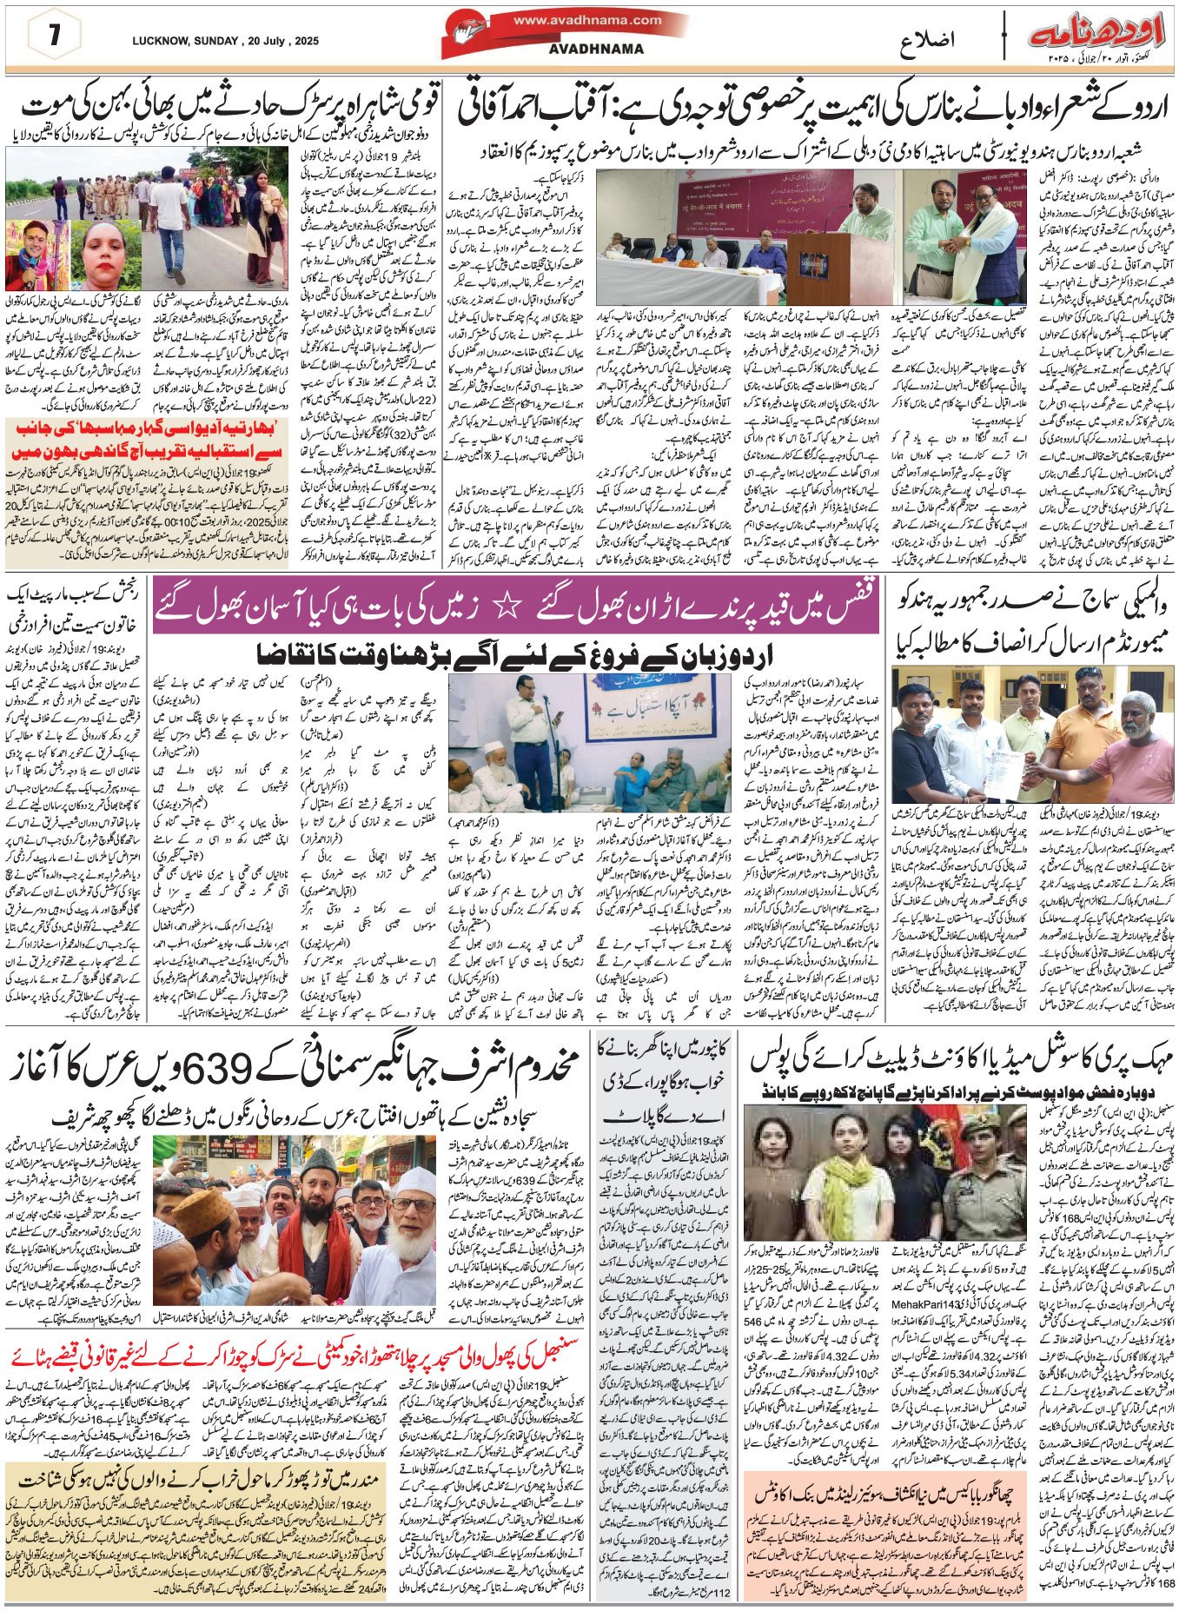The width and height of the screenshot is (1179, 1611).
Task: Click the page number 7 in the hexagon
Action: coord(55,36)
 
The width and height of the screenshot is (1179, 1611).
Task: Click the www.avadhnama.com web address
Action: coord(586,20)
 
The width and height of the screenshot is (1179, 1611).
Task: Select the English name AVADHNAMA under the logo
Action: coord(596,49)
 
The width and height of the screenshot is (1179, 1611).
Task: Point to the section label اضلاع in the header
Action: coord(926,40)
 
